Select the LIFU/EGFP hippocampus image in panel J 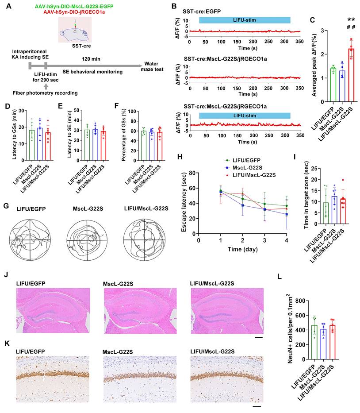click(x=54, y=310)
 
